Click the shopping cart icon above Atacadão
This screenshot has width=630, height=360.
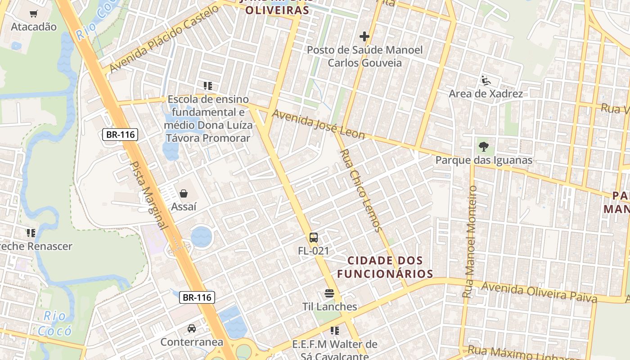[x=33, y=14]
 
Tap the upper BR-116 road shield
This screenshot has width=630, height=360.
[x=120, y=134]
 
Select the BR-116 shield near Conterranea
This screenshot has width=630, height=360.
[x=197, y=297]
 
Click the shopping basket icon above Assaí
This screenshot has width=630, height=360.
[x=184, y=194]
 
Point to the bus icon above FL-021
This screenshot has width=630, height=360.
[x=314, y=238]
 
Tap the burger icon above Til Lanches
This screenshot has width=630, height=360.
[x=329, y=294]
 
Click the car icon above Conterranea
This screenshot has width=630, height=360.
[x=192, y=328]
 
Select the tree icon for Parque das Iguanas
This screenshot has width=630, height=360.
[x=484, y=147]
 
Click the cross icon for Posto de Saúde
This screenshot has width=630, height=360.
[x=364, y=36]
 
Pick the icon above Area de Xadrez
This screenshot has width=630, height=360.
[x=486, y=81]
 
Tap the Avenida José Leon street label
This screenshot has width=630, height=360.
[x=319, y=125]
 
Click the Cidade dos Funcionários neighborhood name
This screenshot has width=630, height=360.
[x=385, y=267]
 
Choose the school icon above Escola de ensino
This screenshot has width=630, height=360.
[x=207, y=85]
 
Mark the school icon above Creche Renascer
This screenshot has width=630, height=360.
[x=31, y=233]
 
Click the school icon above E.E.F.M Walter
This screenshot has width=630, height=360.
[x=334, y=331]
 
